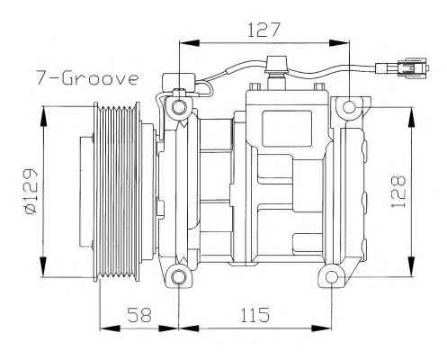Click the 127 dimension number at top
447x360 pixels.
pyautogui.click(x=264, y=30)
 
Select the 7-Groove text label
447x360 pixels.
pyautogui.click(x=87, y=77)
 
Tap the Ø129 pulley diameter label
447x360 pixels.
pyautogui.click(x=31, y=191)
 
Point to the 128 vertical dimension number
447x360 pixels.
pyautogui.click(x=398, y=191)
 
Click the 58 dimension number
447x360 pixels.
pyautogui.click(x=139, y=314)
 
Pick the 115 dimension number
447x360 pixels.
pyautogui.click(x=255, y=315)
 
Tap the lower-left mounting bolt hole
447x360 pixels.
pyautogui.click(x=179, y=277)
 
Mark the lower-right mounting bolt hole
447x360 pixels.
pyautogui.click(x=332, y=277)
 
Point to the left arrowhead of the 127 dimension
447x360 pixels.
pyautogui.click(x=189, y=42)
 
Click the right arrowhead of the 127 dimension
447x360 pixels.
pyautogui.click(x=339, y=42)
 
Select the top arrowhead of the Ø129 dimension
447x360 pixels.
pyautogui.click(x=44, y=117)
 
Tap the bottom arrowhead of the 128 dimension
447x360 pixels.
pyautogui.click(x=412, y=266)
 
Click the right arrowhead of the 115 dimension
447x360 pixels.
pyautogui.click(x=322, y=328)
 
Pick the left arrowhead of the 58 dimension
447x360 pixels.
pyautogui.click(x=110, y=328)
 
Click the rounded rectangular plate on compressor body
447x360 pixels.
pyautogui.click(x=287, y=129)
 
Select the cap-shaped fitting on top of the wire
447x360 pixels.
pyautogui.click(x=277, y=65)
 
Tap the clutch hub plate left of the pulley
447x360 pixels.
pyautogui.click(x=86, y=192)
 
